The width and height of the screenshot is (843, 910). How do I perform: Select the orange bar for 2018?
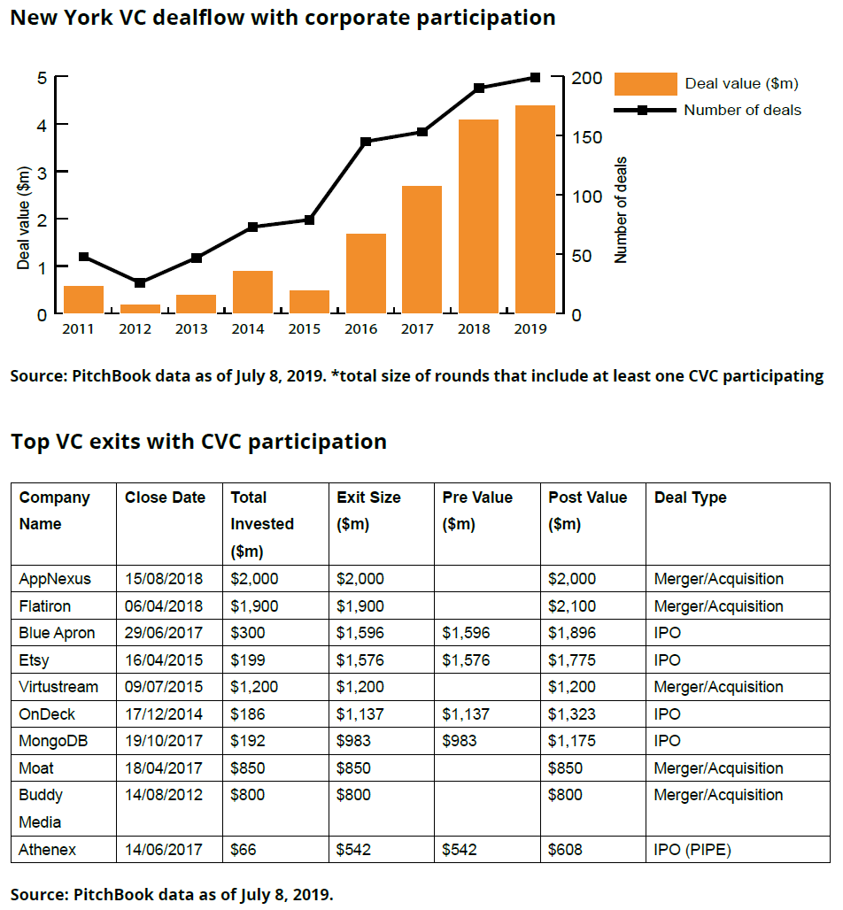pyautogui.click(x=478, y=216)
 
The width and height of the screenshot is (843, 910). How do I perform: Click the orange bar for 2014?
pyautogui.click(x=252, y=291)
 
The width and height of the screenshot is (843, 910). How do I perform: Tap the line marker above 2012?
pyautogui.click(x=140, y=282)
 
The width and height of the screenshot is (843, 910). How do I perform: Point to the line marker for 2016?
pyautogui.click(x=366, y=142)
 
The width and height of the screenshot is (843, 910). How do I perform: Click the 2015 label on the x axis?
pyautogui.click(x=304, y=328)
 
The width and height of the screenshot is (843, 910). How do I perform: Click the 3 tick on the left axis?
pyautogui.click(x=42, y=172)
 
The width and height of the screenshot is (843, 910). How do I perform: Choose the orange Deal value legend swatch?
pyautogui.click(x=645, y=83)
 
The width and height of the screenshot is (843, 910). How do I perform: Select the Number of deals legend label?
pyautogui.click(x=742, y=111)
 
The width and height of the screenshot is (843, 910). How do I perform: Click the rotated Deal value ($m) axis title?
pyautogui.click(x=24, y=218)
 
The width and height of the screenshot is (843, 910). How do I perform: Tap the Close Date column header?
pyautogui.click(x=165, y=497)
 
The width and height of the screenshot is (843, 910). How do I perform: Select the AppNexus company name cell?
pyautogui.click(x=55, y=579)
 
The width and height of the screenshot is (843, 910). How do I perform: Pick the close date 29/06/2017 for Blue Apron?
pyautogui.click(x=164, y=633)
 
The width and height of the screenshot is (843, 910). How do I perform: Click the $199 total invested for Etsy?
pyautogui.click(x=247, y=659)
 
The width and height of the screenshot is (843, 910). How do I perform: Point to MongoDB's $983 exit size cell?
pyautogui.click(x=353, y=741)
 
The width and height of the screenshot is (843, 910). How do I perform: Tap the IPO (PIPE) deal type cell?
pyautogui.click(x=692, y=850)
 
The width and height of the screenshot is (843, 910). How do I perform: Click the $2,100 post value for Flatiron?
pyautogui.click(x=572, y=606)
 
